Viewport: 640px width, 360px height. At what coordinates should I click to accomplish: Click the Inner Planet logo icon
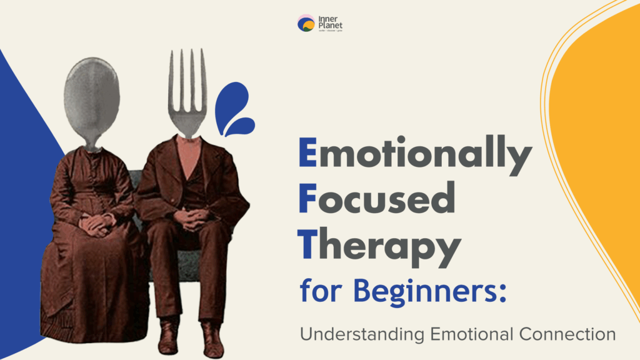coord(306,24)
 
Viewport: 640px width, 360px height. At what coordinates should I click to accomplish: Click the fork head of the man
coord(188,94)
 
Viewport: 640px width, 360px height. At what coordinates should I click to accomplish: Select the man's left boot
coord(211,338)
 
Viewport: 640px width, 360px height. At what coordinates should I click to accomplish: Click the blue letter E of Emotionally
coord(307,156)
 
